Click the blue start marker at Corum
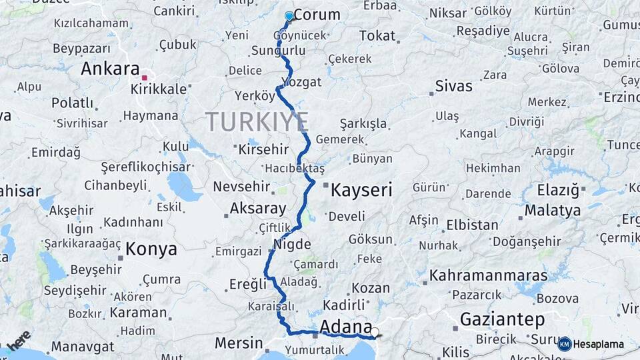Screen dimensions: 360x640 coord(289,16)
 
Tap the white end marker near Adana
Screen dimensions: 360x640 coord(375,332)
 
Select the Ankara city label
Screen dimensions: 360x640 coord(110,69)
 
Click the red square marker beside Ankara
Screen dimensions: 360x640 coord(144,78)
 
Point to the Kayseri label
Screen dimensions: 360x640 coord(361,191)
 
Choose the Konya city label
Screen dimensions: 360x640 coord(151,249)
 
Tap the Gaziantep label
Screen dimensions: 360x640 coord(502,319)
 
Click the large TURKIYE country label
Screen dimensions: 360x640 coord(257,122)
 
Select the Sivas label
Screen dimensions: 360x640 coord(453,86)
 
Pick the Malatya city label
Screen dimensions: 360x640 coord(552,211)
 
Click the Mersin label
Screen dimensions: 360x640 coord(239,343)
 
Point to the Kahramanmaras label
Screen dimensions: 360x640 coord(488,275)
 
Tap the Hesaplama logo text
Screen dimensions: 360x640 coord(599,344)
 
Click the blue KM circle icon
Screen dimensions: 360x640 coord(565,344)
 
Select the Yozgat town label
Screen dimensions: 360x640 coord(301,82)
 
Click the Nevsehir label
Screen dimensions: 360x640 coord(241,187)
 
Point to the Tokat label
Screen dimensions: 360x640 coord(377,36)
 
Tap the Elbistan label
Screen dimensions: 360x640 coord(472,225)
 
